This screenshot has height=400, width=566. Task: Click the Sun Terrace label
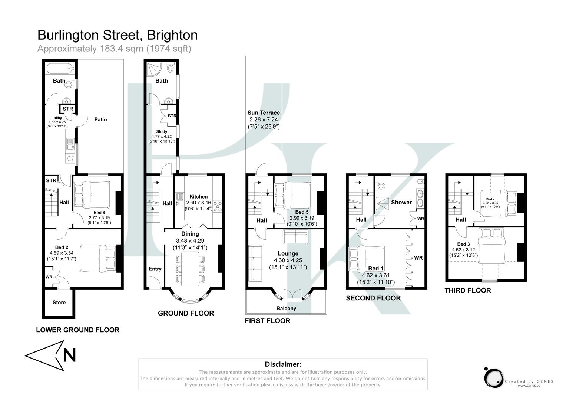(x=264, y=113)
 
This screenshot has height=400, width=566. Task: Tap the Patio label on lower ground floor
(x=100, y=119)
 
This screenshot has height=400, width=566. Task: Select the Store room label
(x=59, y=303)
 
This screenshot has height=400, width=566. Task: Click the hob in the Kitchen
(x=217, y=206)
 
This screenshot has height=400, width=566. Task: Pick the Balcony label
(x=286, y=308)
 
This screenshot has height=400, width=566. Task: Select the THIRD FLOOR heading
(x=468, y=290)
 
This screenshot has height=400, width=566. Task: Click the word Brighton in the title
(x=172, y=35)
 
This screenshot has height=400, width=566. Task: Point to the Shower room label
(x=401, y=202)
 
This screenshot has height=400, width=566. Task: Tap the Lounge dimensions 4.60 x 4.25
(x=288, y=260)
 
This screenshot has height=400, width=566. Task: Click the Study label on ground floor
(x=162, y=131)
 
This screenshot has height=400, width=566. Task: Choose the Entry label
(x=155, y=269)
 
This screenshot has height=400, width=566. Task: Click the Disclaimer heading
(x=283, y=364)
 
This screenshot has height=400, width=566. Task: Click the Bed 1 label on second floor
(x=376, y=268)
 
